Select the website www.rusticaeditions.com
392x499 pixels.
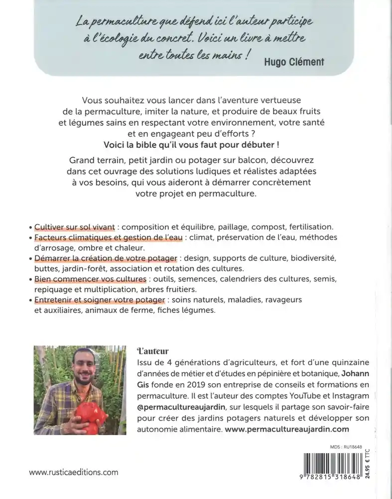(74, 472)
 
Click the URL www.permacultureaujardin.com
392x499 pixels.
(287, 429)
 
